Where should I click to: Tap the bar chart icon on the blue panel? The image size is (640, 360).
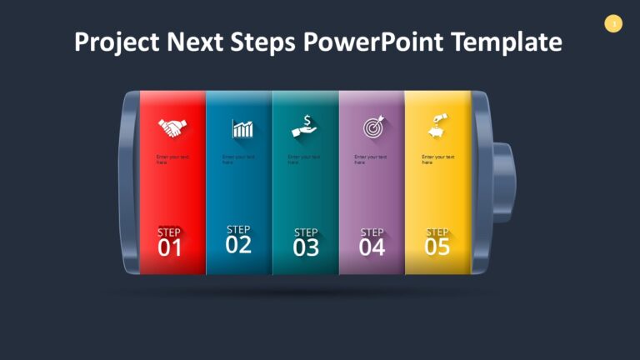click(242, 128)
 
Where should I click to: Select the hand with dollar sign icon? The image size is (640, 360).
click(305, 126)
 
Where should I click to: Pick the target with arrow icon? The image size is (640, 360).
click(372, 127)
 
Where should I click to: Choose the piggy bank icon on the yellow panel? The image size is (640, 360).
click(437, 126)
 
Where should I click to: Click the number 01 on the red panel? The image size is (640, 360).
click(170, 247)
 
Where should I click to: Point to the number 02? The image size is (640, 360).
click(238, 244)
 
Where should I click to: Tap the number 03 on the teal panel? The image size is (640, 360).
click(306, 247)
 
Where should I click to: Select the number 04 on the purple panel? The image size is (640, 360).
click(372, 247)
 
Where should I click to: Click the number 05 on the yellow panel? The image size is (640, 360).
click(437, 247)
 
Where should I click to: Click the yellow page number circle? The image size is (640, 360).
click(613, 24)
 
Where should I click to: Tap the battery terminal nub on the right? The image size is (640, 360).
click(502, 184)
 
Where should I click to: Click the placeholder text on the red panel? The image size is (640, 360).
click(172, 159)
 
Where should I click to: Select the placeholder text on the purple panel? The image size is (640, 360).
click(370, 159)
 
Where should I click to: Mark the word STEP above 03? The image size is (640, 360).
click(306, 232)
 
